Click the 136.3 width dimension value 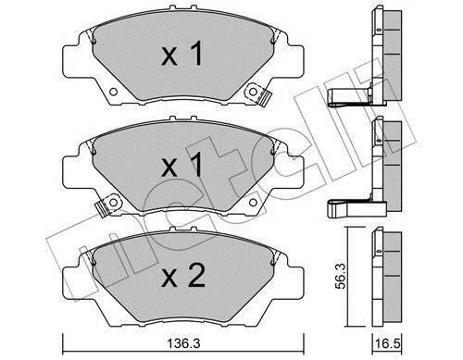(183, 343)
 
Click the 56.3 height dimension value (341, 276)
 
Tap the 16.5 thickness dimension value (387, 343)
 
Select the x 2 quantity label (183, 276)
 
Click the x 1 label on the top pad (182, 54)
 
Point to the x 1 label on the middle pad (182, 166)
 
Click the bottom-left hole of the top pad (113, 92)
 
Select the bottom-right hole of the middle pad (253, 203)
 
